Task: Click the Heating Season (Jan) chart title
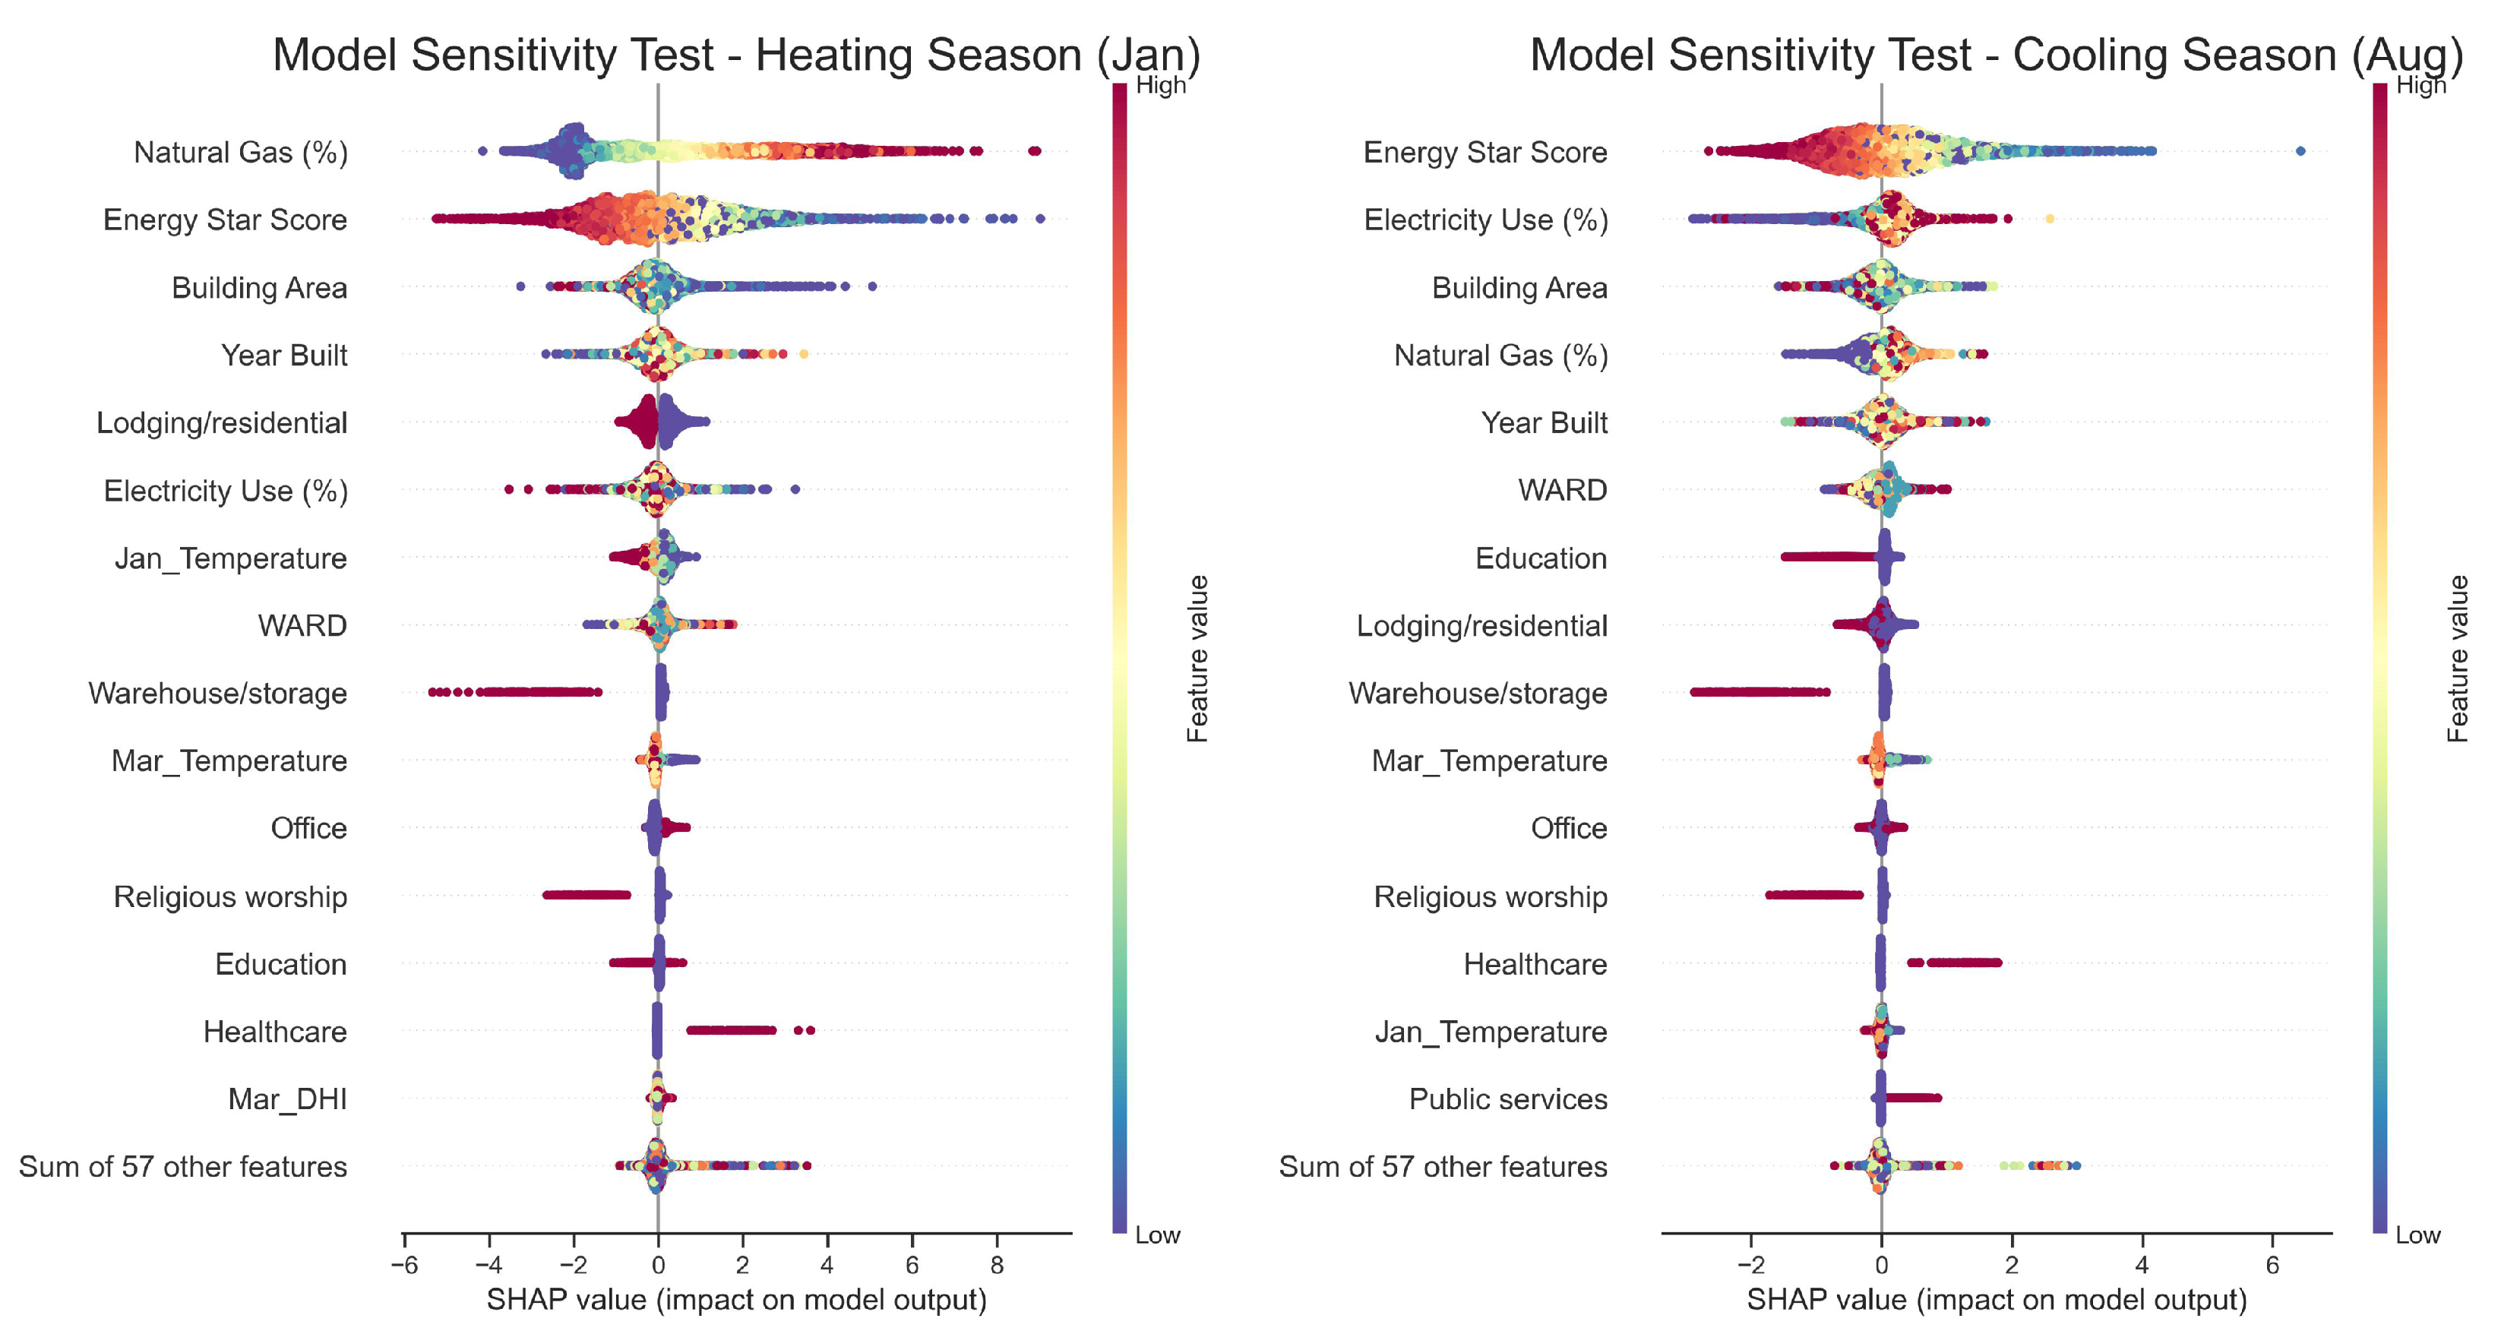(x=736, y=55)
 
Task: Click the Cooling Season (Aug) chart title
(x=1996, y=55)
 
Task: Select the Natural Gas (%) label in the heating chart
(x=240, y=153)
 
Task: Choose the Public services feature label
(x=1508, y=1099)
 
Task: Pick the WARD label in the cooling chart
(x=1562, y=490)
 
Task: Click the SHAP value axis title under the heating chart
(x=736, y=1300)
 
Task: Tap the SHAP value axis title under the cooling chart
(x=1996, y=1300)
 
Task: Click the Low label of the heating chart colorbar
(x=1157, y=1235)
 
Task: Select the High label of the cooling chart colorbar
(x=2420, y=85)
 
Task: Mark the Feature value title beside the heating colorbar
(x=1198, y=658)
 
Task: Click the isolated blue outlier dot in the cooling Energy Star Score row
(x=2300, y=150)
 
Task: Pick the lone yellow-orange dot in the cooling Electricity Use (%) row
(x=2050, y=219)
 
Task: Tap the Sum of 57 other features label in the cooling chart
(x=1443, y=1166)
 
